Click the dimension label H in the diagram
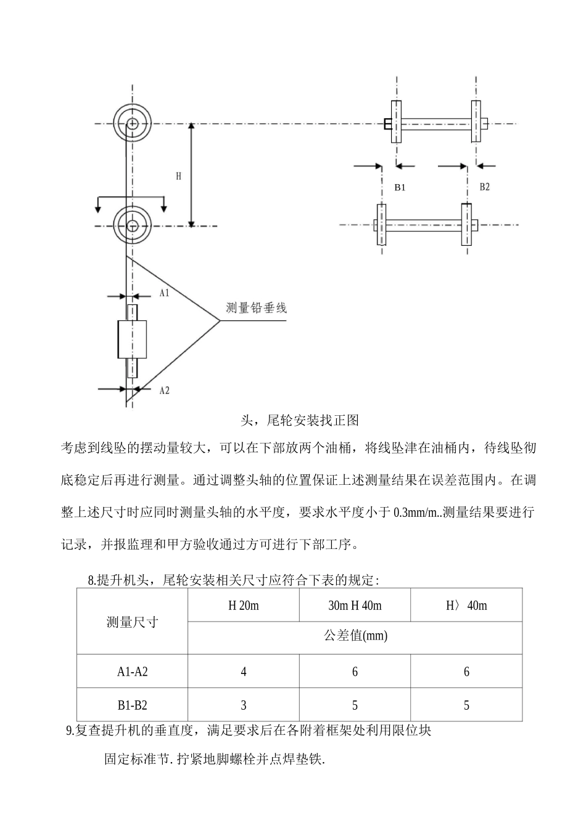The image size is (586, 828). (178, 176)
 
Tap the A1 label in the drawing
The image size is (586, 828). (164, 293)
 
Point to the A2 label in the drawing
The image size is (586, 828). (164, 390)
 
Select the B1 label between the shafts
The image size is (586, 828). (400, 187)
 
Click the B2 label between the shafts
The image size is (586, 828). (484, 187)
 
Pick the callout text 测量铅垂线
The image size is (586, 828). (256, 308)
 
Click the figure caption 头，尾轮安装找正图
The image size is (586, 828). (299, 421)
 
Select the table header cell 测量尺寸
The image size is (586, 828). (132, 622)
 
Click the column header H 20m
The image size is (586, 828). (244, 606)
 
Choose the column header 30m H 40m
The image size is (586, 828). (355, 606)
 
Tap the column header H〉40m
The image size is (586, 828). (466, 606)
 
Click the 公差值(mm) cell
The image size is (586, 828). (355, 636)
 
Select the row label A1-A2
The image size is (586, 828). (132, 672)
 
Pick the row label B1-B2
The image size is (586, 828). (132, 705)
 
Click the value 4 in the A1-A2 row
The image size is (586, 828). (244, 672)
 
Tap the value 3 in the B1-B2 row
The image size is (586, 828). (244, 705)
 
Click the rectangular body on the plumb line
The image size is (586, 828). (132, 339)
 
